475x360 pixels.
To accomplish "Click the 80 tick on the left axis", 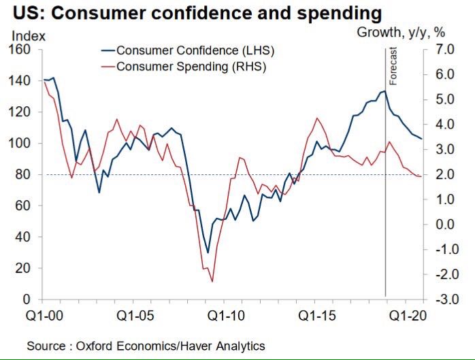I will coord(23,175).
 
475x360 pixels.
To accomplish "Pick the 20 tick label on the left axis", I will coord(23,269).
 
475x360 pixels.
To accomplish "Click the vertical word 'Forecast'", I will coord(393,66).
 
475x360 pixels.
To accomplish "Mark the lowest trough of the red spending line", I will coord(212,281).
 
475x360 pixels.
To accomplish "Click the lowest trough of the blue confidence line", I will coord(208,253).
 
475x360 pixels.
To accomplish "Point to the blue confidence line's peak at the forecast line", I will coord(385,91).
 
